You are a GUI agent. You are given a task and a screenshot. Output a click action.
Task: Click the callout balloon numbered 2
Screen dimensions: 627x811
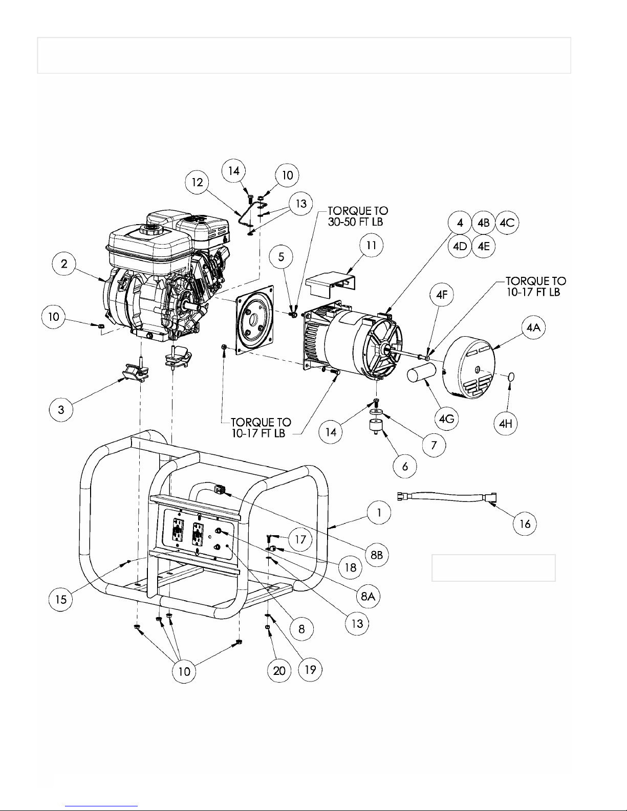pos(64,264)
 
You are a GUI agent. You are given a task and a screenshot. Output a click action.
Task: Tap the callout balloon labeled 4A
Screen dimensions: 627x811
pos(533,327)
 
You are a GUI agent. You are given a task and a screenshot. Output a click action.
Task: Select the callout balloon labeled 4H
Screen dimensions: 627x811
pos(505,423)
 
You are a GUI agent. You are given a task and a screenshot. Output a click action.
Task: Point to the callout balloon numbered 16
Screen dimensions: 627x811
pos(525,523)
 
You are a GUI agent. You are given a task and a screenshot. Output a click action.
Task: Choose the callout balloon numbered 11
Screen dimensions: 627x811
pos(372,245)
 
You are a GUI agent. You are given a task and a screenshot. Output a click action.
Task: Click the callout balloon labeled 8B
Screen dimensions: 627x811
pos(377,555)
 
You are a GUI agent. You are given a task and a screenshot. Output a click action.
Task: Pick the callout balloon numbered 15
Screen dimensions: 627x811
pos(61,599)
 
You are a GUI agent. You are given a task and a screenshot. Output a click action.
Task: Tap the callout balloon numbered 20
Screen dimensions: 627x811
pos(279,671)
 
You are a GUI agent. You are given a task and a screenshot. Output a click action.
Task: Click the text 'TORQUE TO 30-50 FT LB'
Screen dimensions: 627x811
pos(358,216)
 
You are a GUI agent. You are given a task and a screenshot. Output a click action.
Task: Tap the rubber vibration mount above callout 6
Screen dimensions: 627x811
pos(376,426)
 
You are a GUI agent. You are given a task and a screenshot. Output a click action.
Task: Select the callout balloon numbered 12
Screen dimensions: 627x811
pos(197,182)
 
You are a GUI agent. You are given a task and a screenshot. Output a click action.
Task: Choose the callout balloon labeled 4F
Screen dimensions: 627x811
pos(442,295)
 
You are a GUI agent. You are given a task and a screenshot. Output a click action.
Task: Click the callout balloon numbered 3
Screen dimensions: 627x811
pos(61,409)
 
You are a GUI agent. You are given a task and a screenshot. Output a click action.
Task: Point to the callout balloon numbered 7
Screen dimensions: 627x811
pos(434,445)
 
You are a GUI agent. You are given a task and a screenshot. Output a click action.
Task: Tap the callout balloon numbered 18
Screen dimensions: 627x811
pos(350,567)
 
